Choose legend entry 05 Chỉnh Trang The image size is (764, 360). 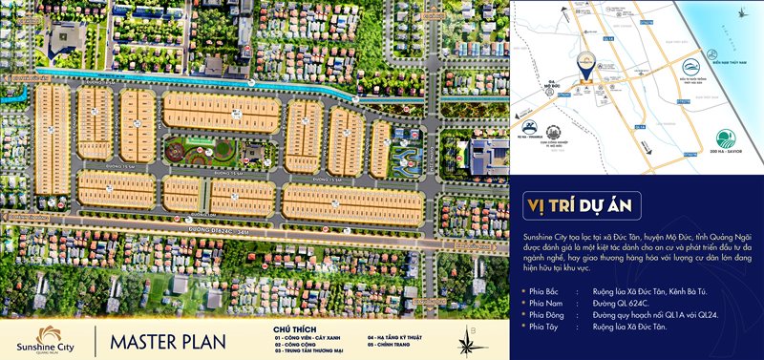tap(392, 345)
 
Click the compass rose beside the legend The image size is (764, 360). tap(469, 339)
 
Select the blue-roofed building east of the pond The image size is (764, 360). tap(495, 153)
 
